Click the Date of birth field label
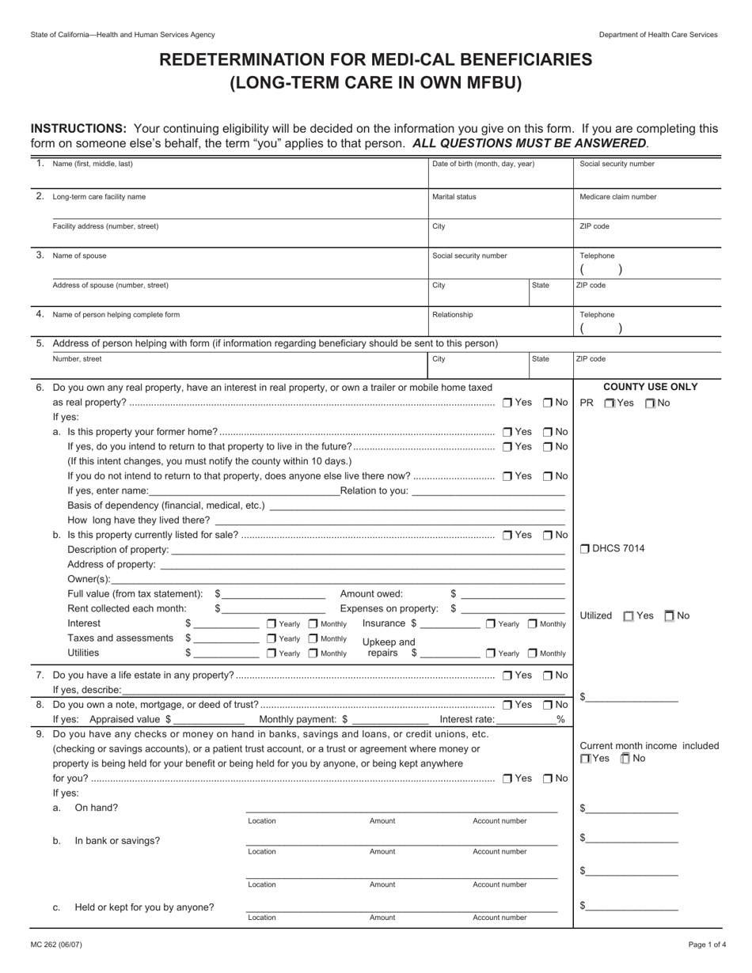483,164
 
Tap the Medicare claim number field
647,204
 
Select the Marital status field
499,204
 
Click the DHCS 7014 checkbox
585,549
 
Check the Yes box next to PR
609,403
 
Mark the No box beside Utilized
670,616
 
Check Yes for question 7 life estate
507,675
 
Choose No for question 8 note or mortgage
548,705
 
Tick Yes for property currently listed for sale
507,535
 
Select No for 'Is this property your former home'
548,432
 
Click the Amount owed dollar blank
513,594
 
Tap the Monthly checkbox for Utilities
313,653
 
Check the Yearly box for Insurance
492,624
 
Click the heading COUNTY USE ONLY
650,387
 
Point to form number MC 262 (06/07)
56,945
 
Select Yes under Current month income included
585,759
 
